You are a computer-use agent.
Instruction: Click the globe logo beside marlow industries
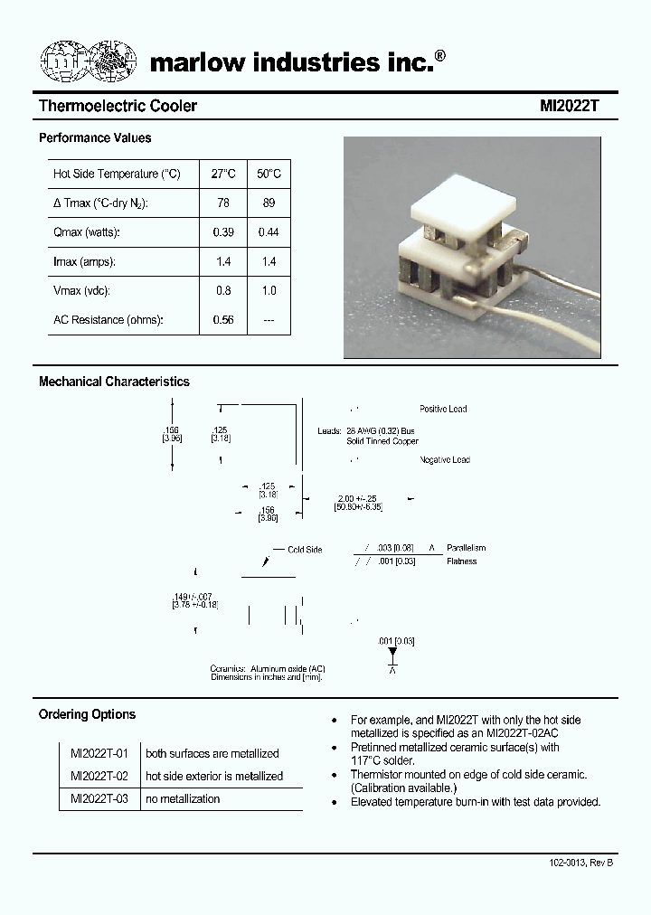tap(89, 61)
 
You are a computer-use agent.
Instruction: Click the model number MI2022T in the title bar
tap(570, 106)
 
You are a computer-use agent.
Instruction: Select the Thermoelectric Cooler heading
tap(118, 106)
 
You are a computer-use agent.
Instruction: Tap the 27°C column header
tap(223, 174)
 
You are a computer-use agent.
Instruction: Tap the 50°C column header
tap(269, 174)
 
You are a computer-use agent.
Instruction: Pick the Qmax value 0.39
tap(223, 232)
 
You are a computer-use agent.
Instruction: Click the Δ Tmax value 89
tap(269, 203)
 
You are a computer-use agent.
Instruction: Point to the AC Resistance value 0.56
tap(223, 320)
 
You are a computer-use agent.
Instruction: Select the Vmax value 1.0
tap(269, 291)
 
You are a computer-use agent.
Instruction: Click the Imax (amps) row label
tap(85, 262)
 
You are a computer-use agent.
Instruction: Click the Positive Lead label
tap(443, 410)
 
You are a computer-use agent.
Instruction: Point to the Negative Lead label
tap(444, 460)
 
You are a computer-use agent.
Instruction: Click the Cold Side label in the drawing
tap(305, 550)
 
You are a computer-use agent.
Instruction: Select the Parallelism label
tap(466, 548)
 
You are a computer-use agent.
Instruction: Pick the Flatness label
tap(461, 561)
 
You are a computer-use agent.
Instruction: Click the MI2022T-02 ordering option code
tap(99, 776)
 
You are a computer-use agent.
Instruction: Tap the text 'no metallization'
tap(182, 798)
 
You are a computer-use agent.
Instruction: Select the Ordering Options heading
tap(87, 714)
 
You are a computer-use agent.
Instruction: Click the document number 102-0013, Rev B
tap(580, 863)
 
